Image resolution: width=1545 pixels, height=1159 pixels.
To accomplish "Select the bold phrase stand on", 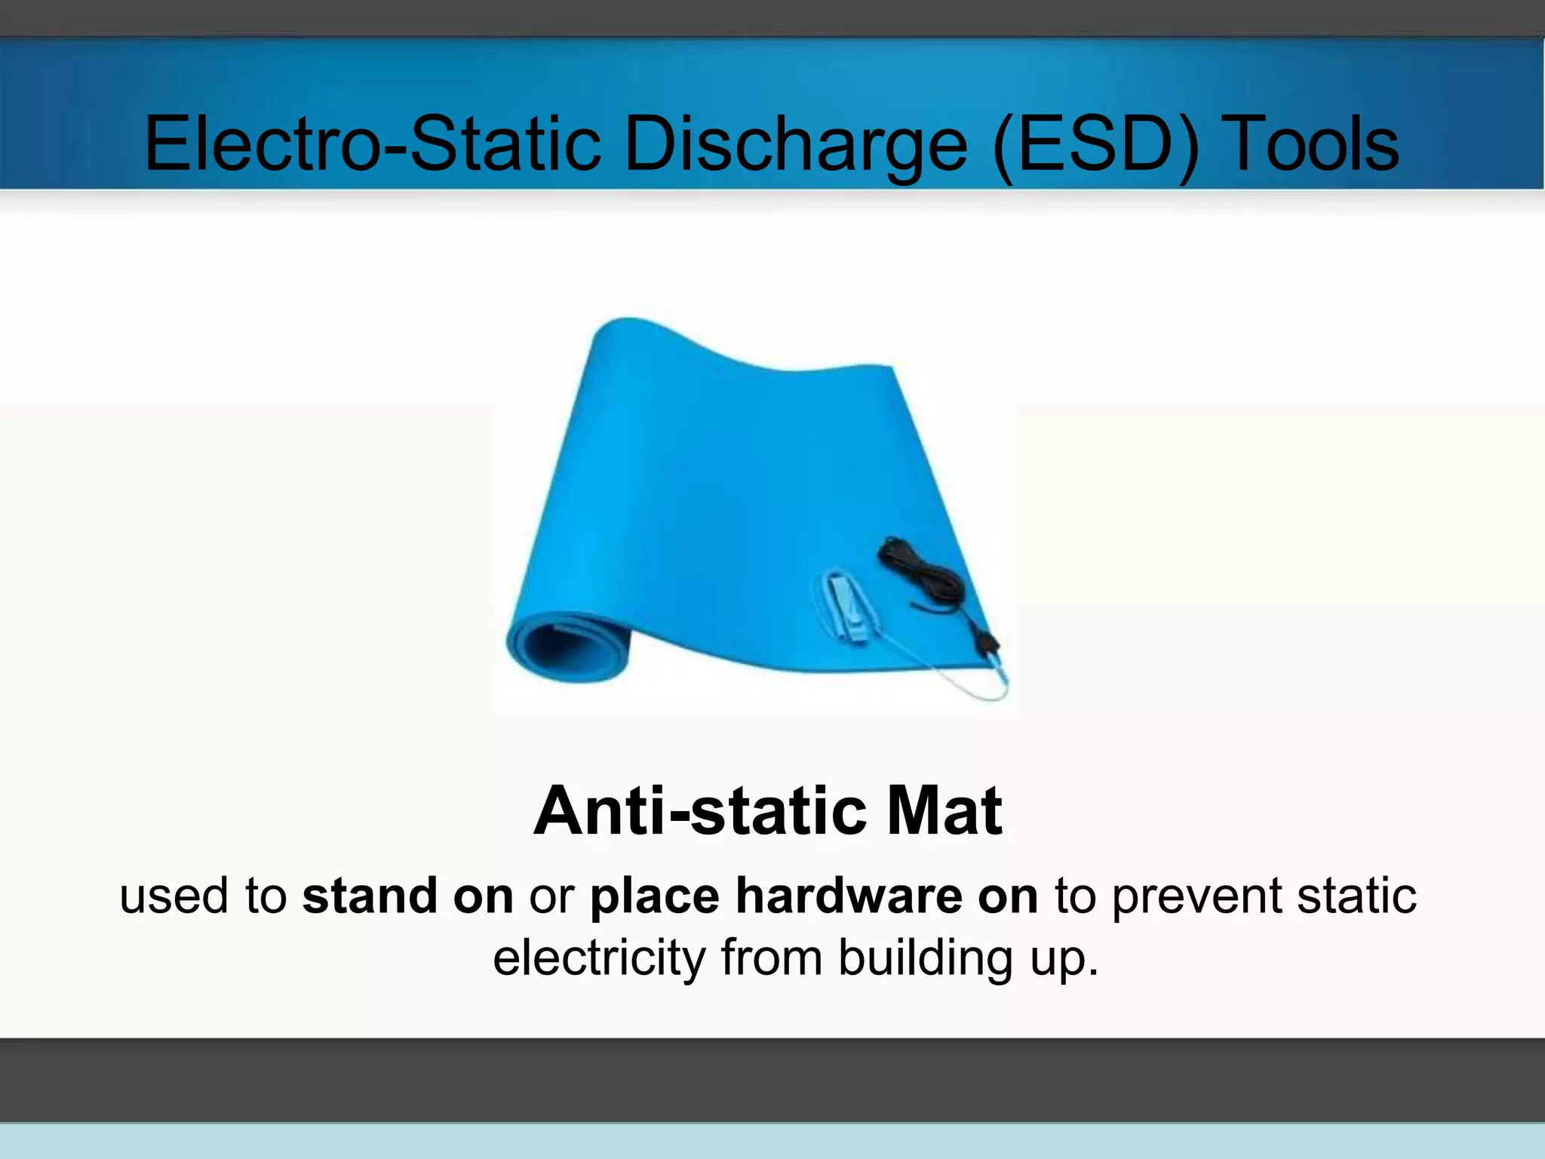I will tap(407, 896).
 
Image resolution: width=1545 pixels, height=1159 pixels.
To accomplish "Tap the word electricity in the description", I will tap(600, 958).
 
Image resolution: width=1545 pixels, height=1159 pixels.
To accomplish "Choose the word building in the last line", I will tap(924, 958).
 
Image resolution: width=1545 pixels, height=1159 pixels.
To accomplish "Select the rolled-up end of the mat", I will tap(562, 648).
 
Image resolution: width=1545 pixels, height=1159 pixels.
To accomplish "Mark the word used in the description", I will tap(174, 896).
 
